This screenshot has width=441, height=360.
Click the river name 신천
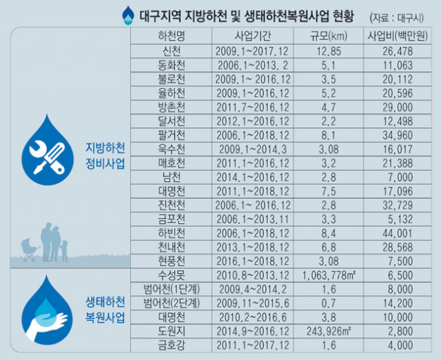click(171, 51)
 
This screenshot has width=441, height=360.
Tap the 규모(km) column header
click(325, 36)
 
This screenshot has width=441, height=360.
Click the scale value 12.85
click(325, 51)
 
